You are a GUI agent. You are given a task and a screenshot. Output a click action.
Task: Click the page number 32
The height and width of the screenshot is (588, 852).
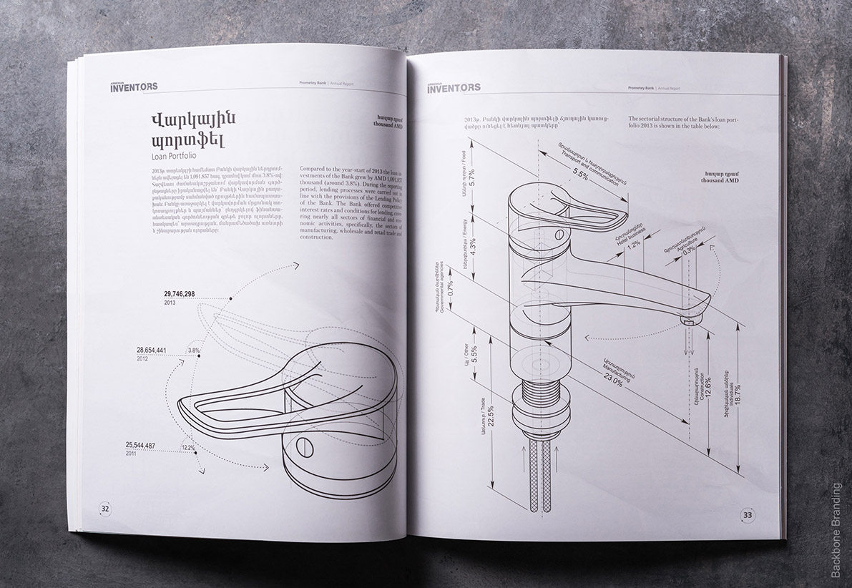pyautogui.click(x=105, y=509)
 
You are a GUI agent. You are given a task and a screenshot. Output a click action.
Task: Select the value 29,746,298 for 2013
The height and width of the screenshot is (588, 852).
pyautogui.click(x=180, y=294)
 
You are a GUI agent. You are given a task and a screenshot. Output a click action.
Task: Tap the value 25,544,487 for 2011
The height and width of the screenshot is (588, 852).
pyautogui.click(x=141, y=444)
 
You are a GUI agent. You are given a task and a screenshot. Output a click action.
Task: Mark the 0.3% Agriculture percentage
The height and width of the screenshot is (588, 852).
pyautogui.click(x=689, y=250)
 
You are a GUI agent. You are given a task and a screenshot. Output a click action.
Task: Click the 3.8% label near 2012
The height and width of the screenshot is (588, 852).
pyautogui.click(x=193, y=350)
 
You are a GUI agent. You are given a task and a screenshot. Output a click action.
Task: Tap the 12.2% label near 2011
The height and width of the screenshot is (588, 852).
pyautogui.click(x=187, y=448)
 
